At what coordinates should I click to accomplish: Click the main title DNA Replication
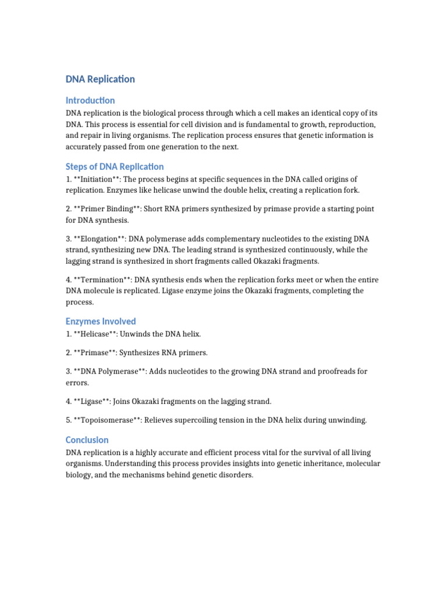tap(100, 79)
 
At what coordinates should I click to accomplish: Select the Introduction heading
tap(90, 100)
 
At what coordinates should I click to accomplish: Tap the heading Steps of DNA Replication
tap(115, 166)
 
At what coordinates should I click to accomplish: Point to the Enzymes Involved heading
tap(101, 321)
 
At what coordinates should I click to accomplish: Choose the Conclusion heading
tap(87, 440)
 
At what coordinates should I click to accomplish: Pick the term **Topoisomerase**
tap(109, 420)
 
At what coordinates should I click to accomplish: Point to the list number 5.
tap(68, 420)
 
